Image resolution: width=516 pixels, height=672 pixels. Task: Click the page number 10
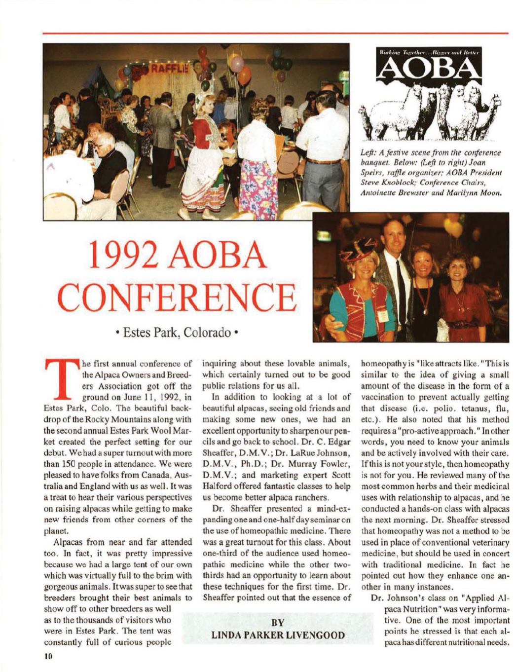tap(47, 657)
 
